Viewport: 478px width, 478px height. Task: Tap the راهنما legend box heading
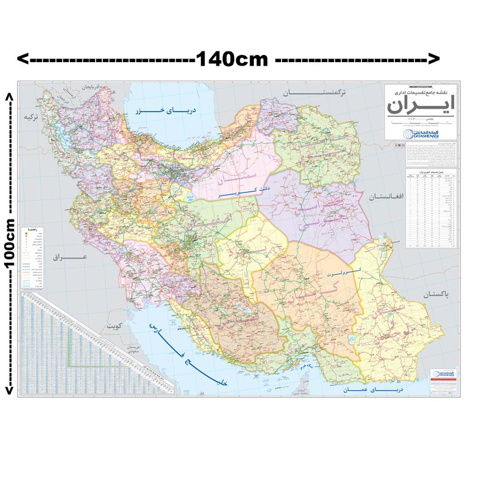31,229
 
